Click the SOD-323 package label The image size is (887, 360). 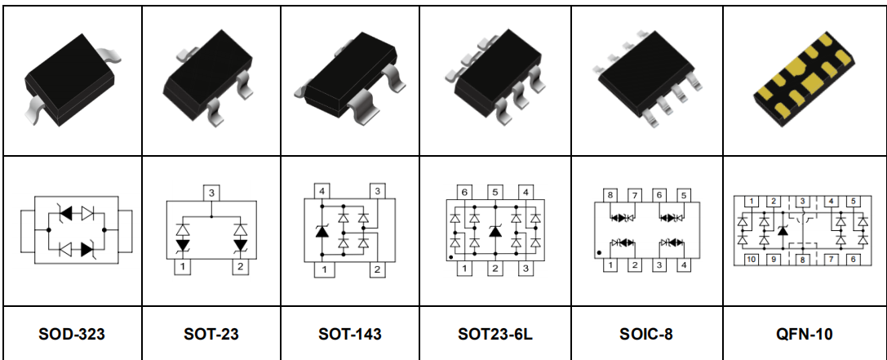pos(72,334)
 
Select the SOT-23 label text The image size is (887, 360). pos(211,334)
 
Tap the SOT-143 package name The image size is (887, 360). pos(350,334)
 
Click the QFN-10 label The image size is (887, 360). pos(804,334)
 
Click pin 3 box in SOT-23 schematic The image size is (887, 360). pos(211,193)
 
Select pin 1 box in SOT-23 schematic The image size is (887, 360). pos(184,267)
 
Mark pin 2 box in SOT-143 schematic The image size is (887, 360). pos(378,270)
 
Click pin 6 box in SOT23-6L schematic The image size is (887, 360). pos(463,193)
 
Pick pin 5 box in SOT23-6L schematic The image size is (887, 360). pos(495,193)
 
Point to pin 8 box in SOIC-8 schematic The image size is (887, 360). pos(609,195)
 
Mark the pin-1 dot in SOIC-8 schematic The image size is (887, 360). pos(599,253)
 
